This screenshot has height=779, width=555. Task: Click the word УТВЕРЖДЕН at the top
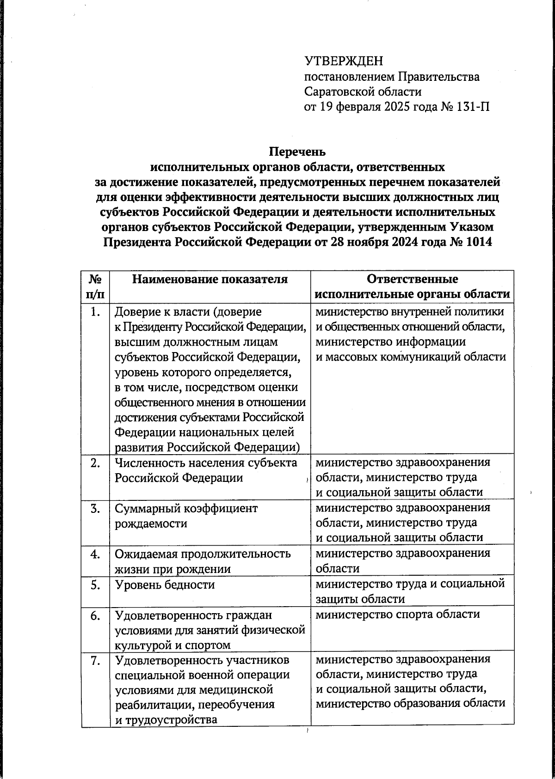pyautogui.click(x=344, y=61)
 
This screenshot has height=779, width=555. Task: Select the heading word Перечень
pyautogui.click(x=297, y=152)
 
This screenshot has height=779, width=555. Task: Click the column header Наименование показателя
pyautogui.click(x=210, y=279)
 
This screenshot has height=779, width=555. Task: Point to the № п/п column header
pyautogui.click(x=95, y=286)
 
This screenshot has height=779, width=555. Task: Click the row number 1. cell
pyautogui.click(x=95, y=312)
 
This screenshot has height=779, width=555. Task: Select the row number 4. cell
pyautogui.click(x=95, y=554)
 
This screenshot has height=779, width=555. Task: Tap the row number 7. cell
pyautogui.click(x=95, y=661)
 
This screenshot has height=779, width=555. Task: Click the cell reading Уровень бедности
pyautogui.click(x=165, y=585)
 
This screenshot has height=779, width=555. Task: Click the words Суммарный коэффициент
pyautogui.click(x=186, y=509)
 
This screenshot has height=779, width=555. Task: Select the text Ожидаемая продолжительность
pyautogui.click(x=203, y=554)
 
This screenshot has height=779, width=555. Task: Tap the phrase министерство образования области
pyautogui.click(x=410, y=704)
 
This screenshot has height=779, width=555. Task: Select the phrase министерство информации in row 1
pyautogui.click(x=390, y=342)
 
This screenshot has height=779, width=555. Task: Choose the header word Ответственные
pyautogui.click(x=412, y=279)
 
